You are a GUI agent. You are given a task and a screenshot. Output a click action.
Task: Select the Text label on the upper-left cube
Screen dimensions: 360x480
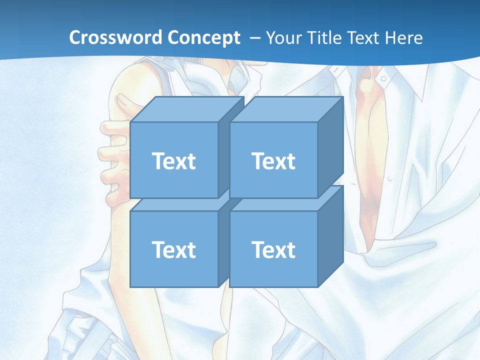pos(173,161)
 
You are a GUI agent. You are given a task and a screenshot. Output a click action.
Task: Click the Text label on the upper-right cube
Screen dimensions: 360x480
pos(273,161)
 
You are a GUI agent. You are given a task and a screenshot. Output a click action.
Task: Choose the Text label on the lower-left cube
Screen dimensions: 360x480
pos(173,249)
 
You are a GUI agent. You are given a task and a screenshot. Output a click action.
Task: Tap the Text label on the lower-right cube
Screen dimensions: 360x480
pos(273,249)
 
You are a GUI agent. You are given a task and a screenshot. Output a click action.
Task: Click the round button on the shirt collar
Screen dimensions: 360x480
pos(382,78)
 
